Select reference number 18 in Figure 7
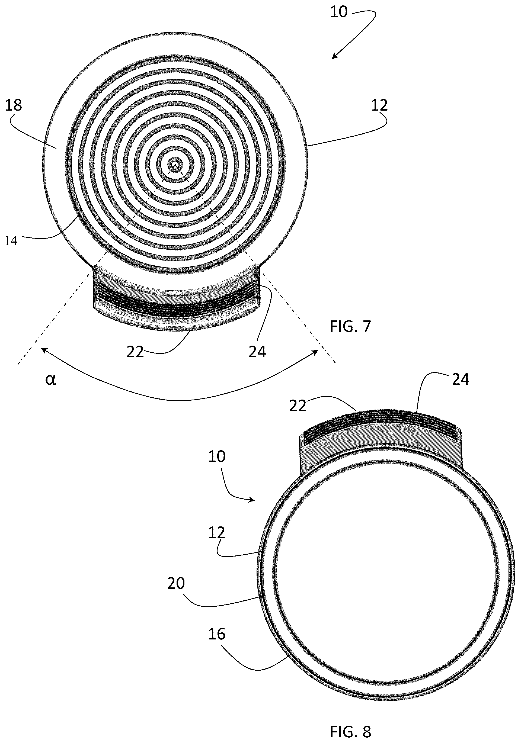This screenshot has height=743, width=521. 13,105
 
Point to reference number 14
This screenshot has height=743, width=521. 11,241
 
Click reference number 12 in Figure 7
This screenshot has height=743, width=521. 379,105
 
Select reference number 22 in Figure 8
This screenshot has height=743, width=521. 298,406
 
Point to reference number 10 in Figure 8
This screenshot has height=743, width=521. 217,456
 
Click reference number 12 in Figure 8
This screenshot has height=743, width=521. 217,533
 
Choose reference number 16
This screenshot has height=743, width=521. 217,634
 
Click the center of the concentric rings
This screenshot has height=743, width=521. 175,164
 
